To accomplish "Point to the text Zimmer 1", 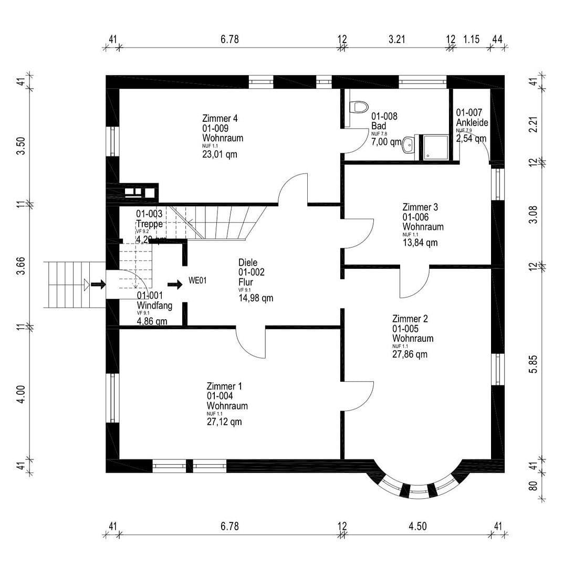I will [x=224, y=386].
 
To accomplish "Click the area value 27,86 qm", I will [x=410, y=354].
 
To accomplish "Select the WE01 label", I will [x=198, y=281].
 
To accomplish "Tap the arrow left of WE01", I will [x=175, y=285].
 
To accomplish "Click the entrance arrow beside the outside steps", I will [x=98, y=285].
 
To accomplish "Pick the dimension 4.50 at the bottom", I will [x=418, y=527].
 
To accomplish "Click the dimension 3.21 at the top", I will [x=397, y=39].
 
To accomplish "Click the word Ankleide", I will [x=472, y=122].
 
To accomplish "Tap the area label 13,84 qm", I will [x=420, y=243].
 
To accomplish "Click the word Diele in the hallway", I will [x=248, y=262].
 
